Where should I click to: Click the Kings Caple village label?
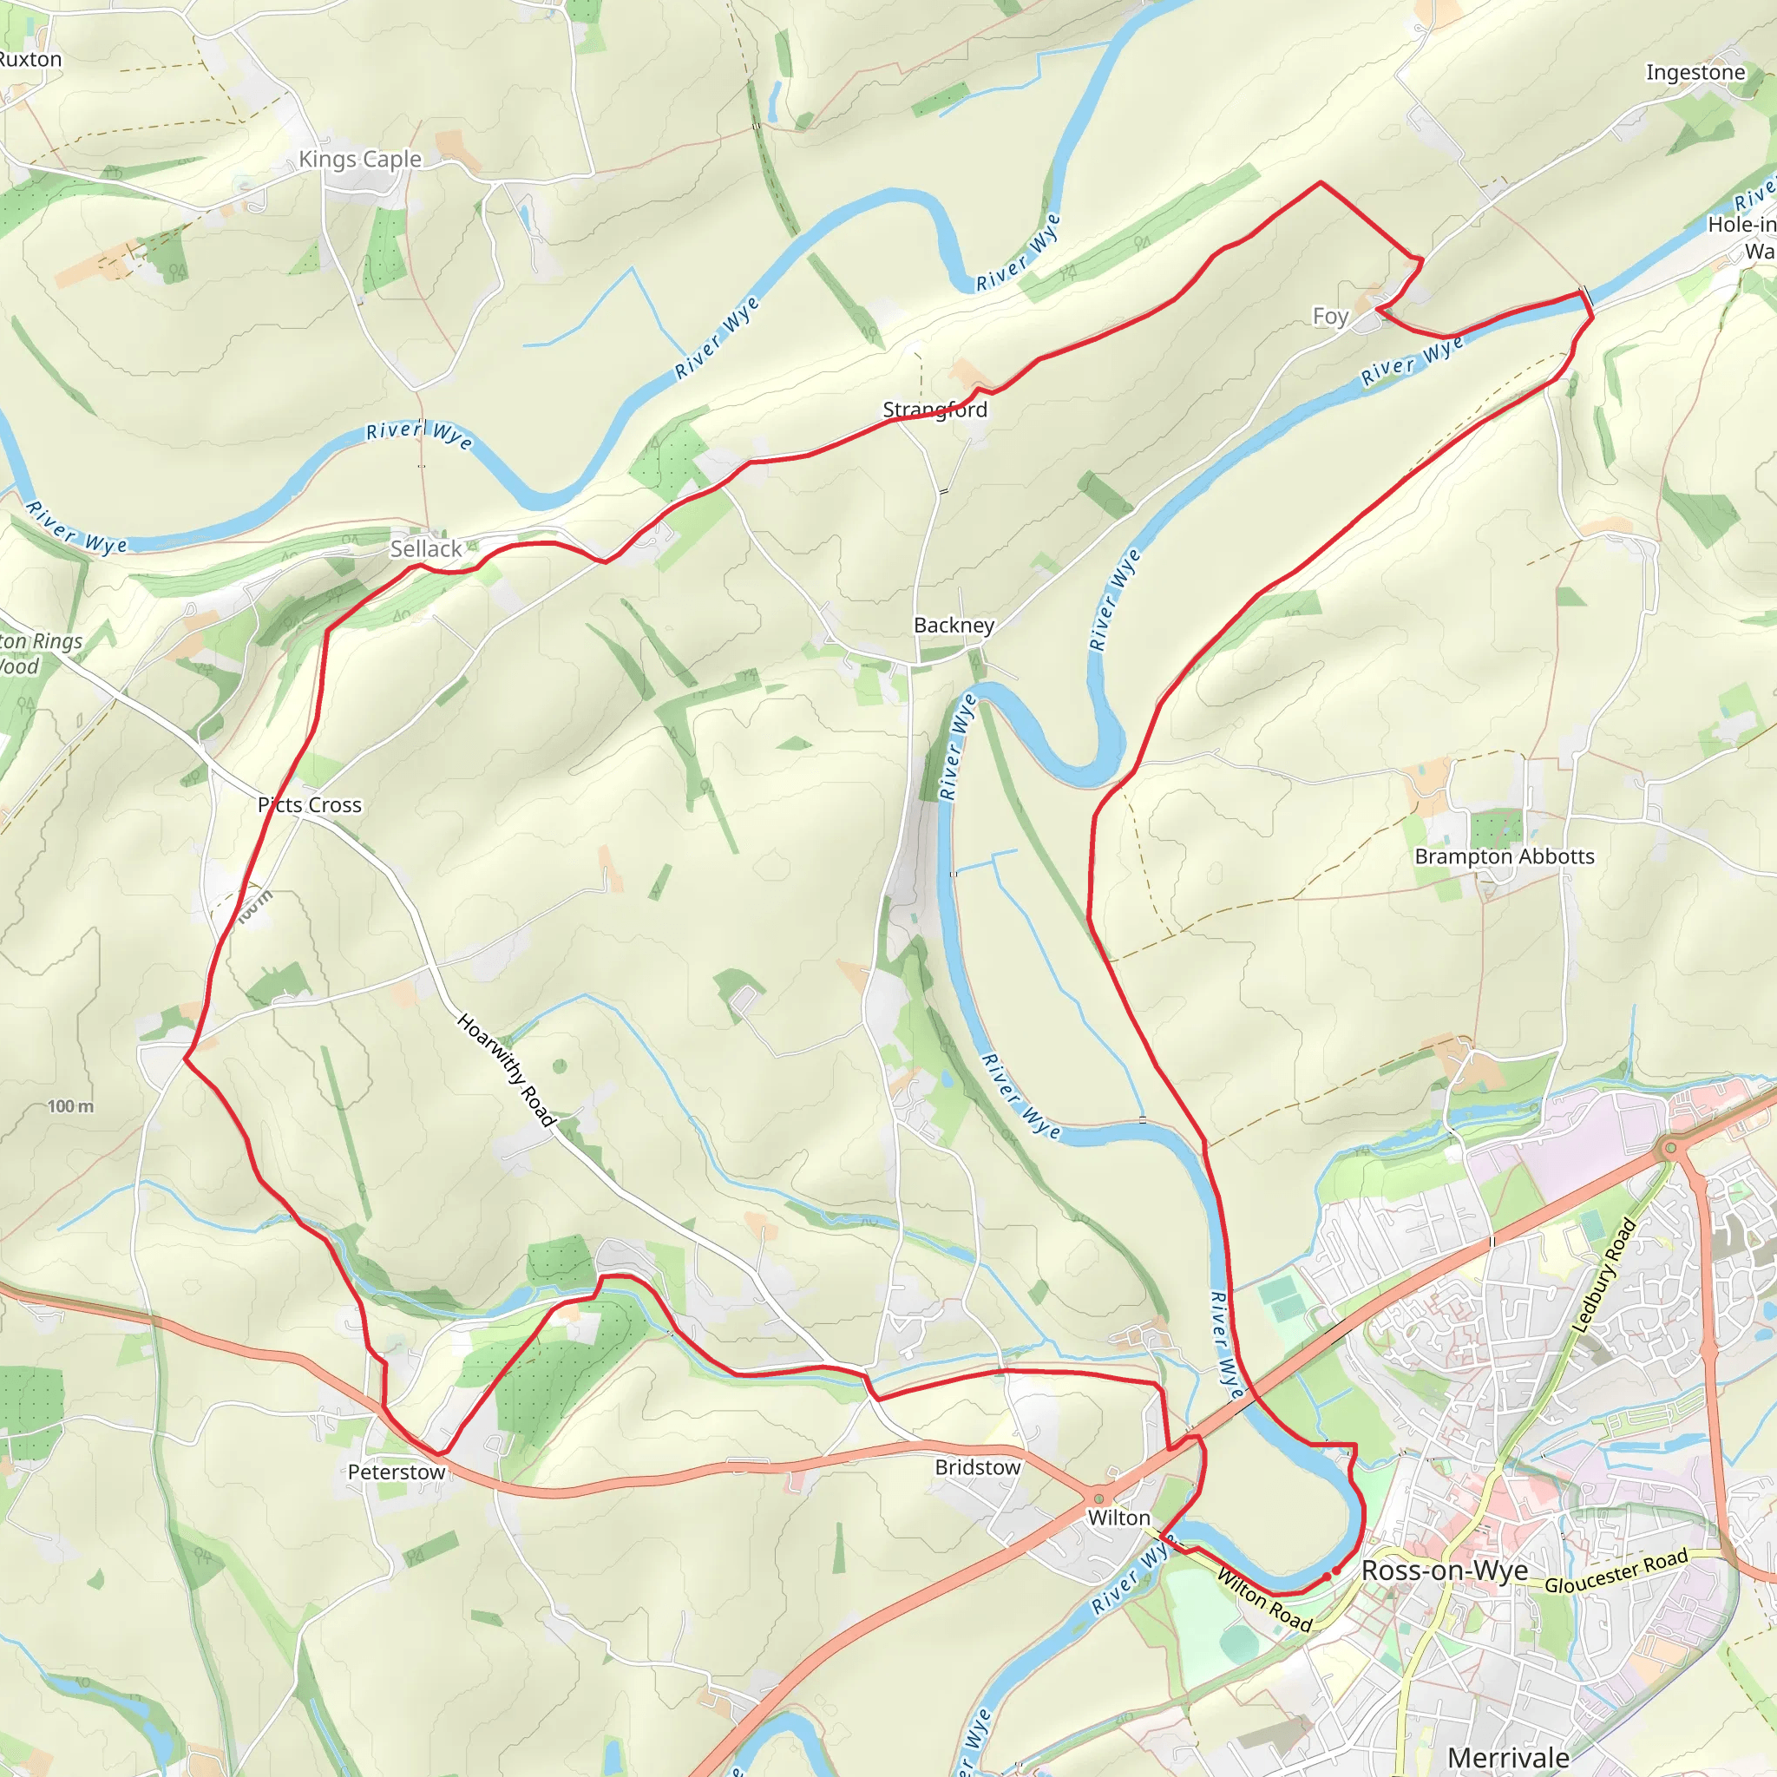coord(359,159)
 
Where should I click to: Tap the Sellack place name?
coord(426,549)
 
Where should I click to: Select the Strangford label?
coord(934,410)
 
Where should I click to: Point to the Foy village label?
coord(1330,317)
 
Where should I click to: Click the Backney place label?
coord(954,626)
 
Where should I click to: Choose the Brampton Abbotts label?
coord(1504,856)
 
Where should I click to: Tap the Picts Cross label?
coord(309,805)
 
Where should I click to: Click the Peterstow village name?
coord(397,1472)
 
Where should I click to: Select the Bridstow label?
coord(977,1467)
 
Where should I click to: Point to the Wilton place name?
coord(1118,1518)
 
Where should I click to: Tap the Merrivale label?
coord(1508,1758)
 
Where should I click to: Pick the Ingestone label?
coord(1695,72)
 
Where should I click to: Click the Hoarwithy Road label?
coord(506,1071)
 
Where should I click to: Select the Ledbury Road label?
coord(1605,1275)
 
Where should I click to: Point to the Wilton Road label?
coord(1263,1599)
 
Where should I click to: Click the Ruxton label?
coord(30,60)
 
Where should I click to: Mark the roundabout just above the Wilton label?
coord(1098,1498)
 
